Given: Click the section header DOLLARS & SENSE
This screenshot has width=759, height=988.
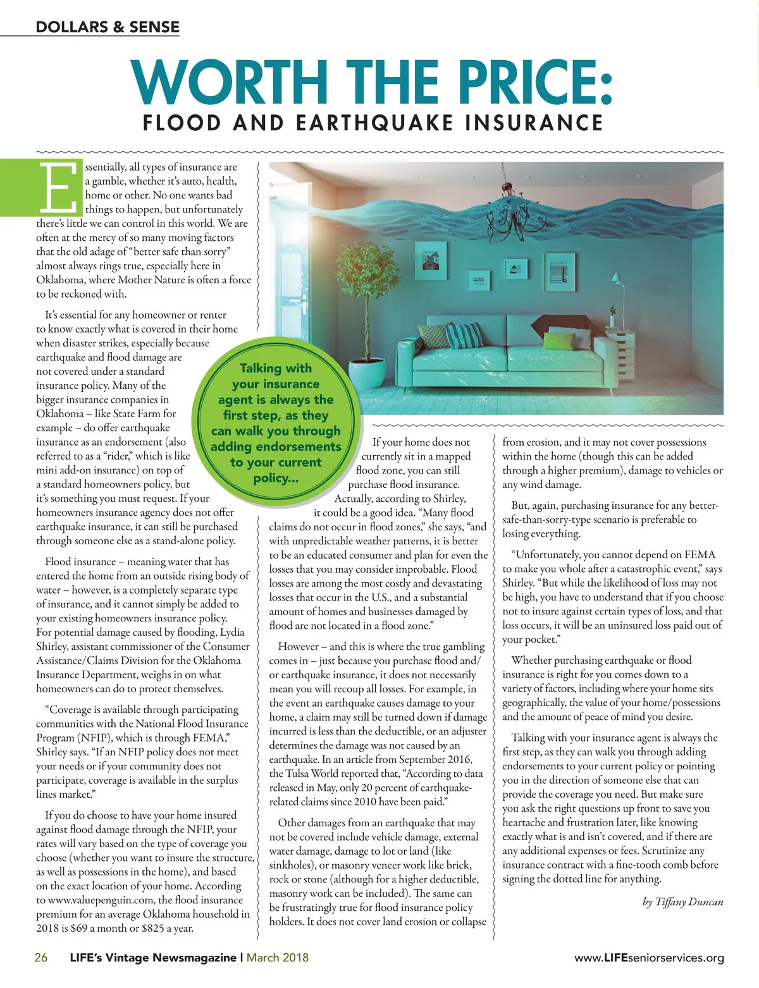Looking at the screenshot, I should click(x=108, y=27).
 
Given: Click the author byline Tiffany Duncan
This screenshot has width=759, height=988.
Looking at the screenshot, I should click(x=683, y=902).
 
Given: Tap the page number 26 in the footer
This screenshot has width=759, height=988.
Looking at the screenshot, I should click(x=41, y=958).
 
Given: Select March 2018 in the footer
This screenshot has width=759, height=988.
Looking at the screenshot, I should click(x=278, y=958).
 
